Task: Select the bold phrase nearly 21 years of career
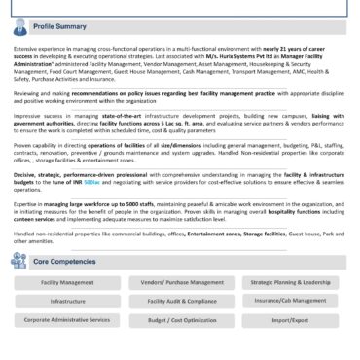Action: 306,47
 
